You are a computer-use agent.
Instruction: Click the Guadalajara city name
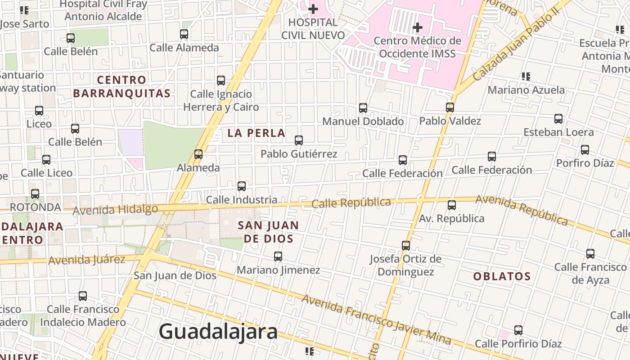tap(218, 332)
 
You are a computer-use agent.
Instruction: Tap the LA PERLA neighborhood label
tap(256, 133)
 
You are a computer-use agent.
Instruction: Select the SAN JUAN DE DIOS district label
tap(268, 232)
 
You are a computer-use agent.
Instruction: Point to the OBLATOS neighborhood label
tap(502, 276)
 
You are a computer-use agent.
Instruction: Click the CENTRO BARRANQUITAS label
tap(122, 87)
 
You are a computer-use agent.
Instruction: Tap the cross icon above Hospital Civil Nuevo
tap(313, 9)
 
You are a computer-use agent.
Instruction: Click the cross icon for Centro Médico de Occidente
tap(418, 27)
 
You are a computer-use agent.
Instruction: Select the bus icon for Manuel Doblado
tap(363, 108)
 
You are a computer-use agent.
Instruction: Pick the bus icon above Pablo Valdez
tap(450, 108)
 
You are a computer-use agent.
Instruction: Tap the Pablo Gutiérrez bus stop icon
tap(299, 140)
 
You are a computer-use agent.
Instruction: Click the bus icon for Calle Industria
tap(242, 186)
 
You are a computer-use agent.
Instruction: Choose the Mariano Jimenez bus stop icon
tap(278, 256)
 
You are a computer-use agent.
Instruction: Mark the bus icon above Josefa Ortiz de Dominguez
tap(406, 246)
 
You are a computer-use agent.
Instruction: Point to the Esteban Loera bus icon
tap(558, 119)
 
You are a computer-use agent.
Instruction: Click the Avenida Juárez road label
tap(86, 260)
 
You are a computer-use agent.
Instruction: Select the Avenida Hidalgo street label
tap(115, 209)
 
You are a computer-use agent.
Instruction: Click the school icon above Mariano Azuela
tap(526, 76)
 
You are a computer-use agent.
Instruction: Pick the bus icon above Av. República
tap(452, 205)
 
